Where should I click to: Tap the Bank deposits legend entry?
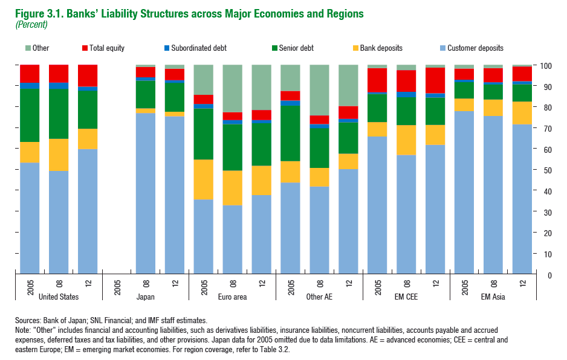coord(381,48)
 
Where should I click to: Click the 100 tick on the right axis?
coord(547,66)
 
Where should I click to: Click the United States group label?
coord(58,297)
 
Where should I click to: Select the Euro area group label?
coord(232,297)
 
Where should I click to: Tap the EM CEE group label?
coord(406,297)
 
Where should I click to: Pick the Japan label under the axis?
coord(145,297)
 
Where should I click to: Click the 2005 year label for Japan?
coord(117,284)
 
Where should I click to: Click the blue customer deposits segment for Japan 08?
coord(145,193)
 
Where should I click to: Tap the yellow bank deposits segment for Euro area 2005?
coord(203,179)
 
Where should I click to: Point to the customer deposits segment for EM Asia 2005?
coord(464,193)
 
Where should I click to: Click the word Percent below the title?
coord(36,25)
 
